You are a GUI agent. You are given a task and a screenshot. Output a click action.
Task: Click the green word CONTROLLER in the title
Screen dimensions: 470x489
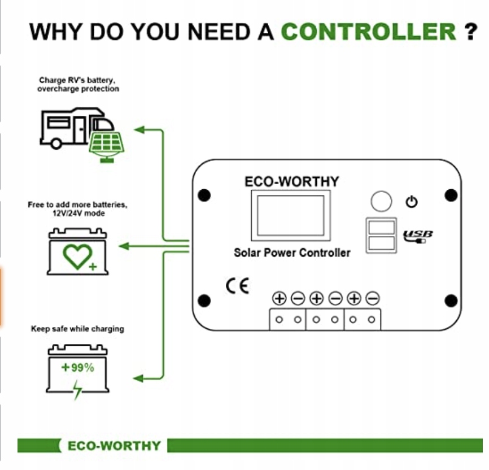(368, 31)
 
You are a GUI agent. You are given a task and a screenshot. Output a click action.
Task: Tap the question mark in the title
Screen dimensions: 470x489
(470, 31)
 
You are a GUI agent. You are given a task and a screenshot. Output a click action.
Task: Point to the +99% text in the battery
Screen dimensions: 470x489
(78, 368)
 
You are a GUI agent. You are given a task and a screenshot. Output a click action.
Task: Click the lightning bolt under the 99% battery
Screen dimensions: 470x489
(77, 389)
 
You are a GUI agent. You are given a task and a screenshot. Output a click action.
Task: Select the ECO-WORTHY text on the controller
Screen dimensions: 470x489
(291, 181)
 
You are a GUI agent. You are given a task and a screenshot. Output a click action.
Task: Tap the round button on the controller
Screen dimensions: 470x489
(381, 201)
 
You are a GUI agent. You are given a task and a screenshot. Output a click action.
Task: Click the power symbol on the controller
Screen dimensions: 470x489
(412, 202)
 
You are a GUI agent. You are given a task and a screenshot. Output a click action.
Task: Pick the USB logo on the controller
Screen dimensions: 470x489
(418, 236)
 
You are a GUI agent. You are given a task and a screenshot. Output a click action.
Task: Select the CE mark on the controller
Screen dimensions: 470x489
(237, 285)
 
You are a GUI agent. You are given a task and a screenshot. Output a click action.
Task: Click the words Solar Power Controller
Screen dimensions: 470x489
(292, 253)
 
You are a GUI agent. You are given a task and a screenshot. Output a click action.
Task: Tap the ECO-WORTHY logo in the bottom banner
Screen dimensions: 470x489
(113, 446)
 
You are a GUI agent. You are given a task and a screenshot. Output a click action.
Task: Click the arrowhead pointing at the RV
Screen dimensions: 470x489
(139, 130)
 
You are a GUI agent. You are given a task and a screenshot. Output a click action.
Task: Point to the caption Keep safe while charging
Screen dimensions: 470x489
(77, 329)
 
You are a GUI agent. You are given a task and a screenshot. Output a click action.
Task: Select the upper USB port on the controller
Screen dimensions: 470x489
(380, 227)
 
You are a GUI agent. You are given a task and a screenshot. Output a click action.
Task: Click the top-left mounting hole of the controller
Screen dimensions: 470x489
(204, 195)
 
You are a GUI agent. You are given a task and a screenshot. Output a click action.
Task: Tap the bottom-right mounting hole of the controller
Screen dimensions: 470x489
(451, 300)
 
